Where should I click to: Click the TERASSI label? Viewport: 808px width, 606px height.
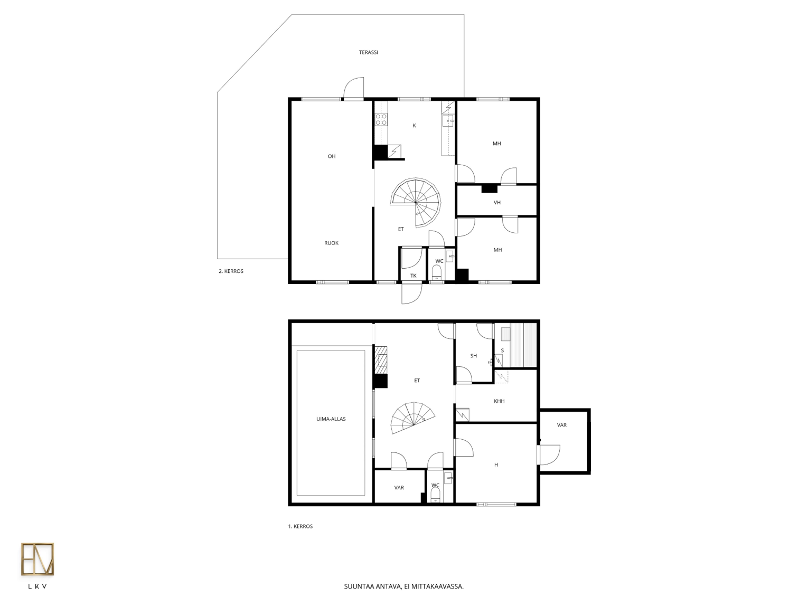[x=368, y=52]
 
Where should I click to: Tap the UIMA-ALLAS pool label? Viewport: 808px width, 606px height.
[x=331, y=419]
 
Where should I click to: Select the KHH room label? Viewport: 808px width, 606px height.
[x=499, y=401]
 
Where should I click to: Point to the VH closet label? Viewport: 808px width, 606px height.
[x=497, y=202]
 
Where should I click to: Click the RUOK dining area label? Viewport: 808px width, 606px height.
[x=331, y=243]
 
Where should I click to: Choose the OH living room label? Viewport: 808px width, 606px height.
[x=331, y=156]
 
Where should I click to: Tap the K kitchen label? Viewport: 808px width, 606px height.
[x=414, y=126]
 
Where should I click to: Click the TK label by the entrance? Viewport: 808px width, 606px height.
[x=413, y=276]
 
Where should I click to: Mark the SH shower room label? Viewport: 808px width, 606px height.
[x=473, y=356]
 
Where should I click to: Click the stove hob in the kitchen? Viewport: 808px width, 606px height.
[x=381, y=119]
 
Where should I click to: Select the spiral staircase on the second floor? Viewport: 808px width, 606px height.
[x=416, y=202]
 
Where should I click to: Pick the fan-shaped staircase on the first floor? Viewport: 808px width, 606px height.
[x=412, y=418]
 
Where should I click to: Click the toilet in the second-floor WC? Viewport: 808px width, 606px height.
[x=437, y=272]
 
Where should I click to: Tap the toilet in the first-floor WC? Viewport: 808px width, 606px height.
[x=436, y=495]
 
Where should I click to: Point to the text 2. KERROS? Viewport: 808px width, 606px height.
[x=231, y=271]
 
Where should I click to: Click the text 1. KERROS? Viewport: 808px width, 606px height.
[x=300, y=526]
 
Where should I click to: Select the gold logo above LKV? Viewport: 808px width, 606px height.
[x=37, y=559]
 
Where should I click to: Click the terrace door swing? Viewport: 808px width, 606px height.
[x=353, y=88]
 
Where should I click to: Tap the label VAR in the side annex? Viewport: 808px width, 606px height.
[x=561, y=425]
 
